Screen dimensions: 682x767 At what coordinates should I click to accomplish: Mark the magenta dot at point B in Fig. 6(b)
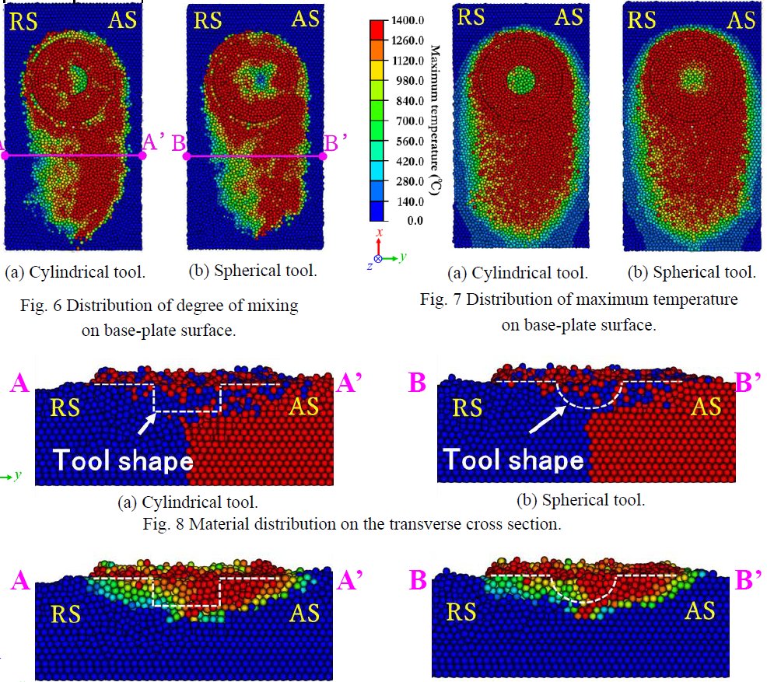[187, 156]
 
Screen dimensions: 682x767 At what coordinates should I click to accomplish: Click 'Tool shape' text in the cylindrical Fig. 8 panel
[122, 460]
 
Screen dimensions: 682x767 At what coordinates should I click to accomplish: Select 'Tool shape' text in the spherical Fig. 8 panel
[513, 460]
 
